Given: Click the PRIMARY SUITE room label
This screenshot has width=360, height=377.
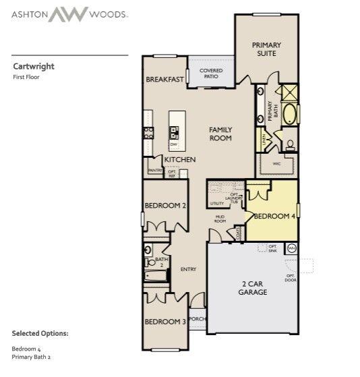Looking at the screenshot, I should coord(266,49).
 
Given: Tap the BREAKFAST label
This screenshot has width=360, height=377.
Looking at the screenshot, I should coord(164,80).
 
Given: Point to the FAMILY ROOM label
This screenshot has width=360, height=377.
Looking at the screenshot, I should coord(220,134).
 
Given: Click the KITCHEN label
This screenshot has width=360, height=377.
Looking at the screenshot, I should coord(179,160).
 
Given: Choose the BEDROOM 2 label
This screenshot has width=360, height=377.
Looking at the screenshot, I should coord(165,206).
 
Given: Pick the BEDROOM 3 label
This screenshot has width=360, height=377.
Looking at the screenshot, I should coord(165,322).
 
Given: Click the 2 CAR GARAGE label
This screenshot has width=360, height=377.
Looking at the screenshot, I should coord(253,288).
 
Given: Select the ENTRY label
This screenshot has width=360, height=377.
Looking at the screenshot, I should coord(188,270).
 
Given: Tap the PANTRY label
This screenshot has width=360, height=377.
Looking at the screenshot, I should coord(154,171).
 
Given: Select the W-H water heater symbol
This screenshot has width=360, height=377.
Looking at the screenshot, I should coord(291,249).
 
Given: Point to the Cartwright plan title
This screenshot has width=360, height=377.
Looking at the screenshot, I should coord(34,67).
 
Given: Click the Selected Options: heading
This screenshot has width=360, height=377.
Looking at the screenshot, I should coord(40,334).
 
